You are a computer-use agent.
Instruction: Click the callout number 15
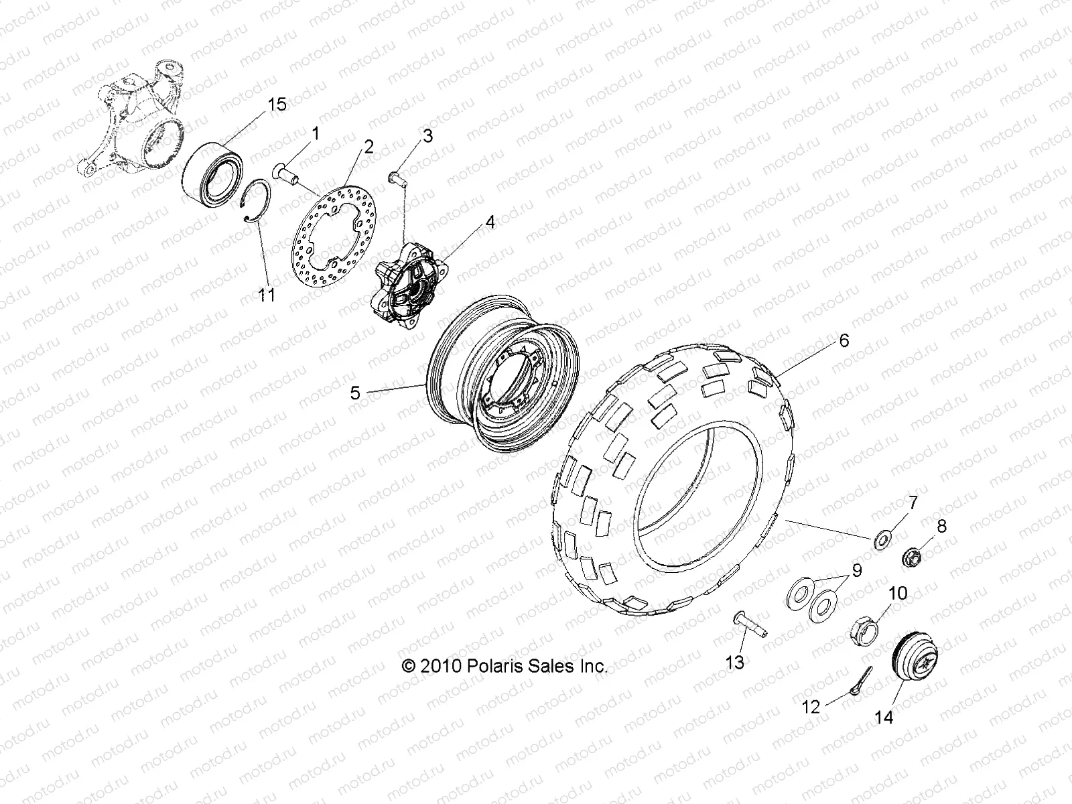click(x=277, y=105)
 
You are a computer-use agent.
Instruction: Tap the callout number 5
click(x=354, y=393)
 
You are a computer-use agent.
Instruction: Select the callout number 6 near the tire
click(x=844, y=340)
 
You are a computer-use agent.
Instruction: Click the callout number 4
click(x=490, y=222)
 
